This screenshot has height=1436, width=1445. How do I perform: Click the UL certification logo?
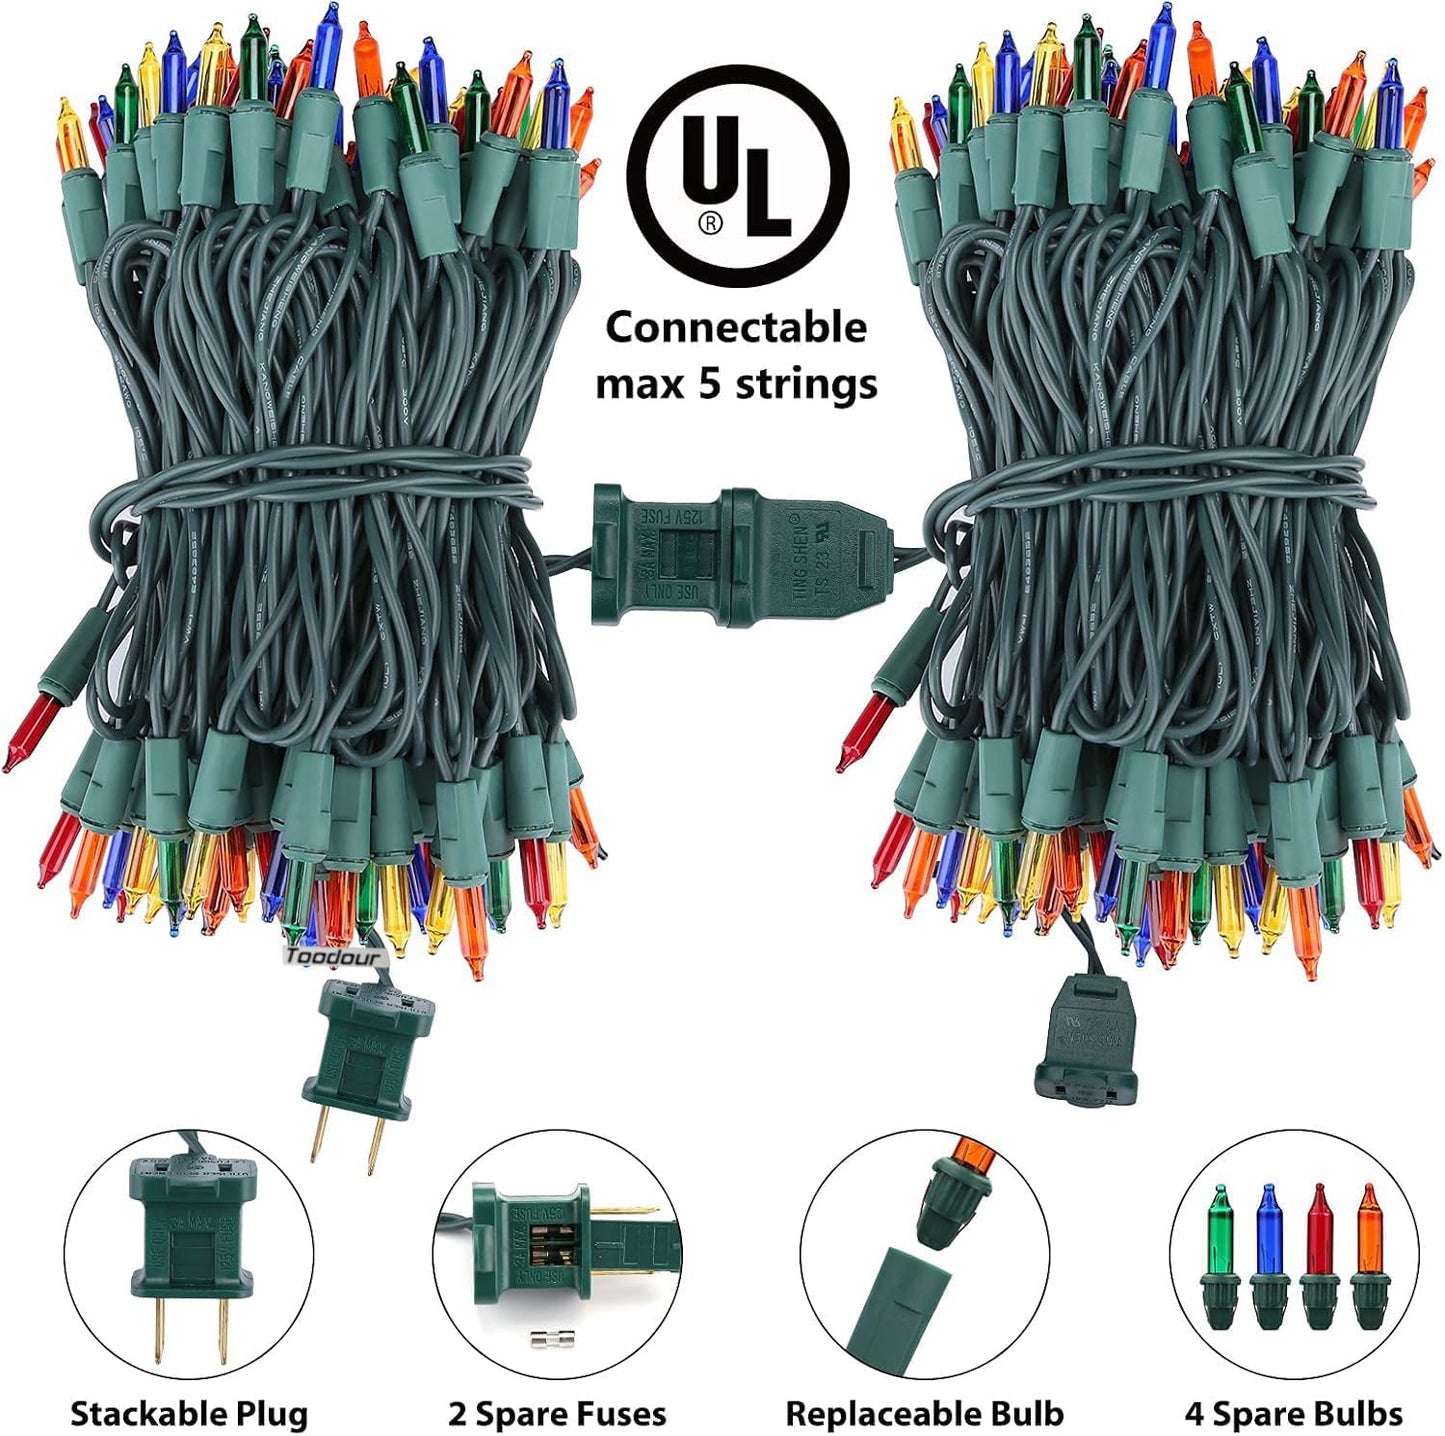[737, 176]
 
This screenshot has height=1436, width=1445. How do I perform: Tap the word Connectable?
[736, 328]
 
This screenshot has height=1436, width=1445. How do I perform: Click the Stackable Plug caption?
[189, 1414]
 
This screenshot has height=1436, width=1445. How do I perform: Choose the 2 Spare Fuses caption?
[557, 1414]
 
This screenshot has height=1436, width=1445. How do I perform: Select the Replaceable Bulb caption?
[924, 1414]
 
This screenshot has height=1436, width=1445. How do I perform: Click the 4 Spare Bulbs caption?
[1293, 1414]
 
